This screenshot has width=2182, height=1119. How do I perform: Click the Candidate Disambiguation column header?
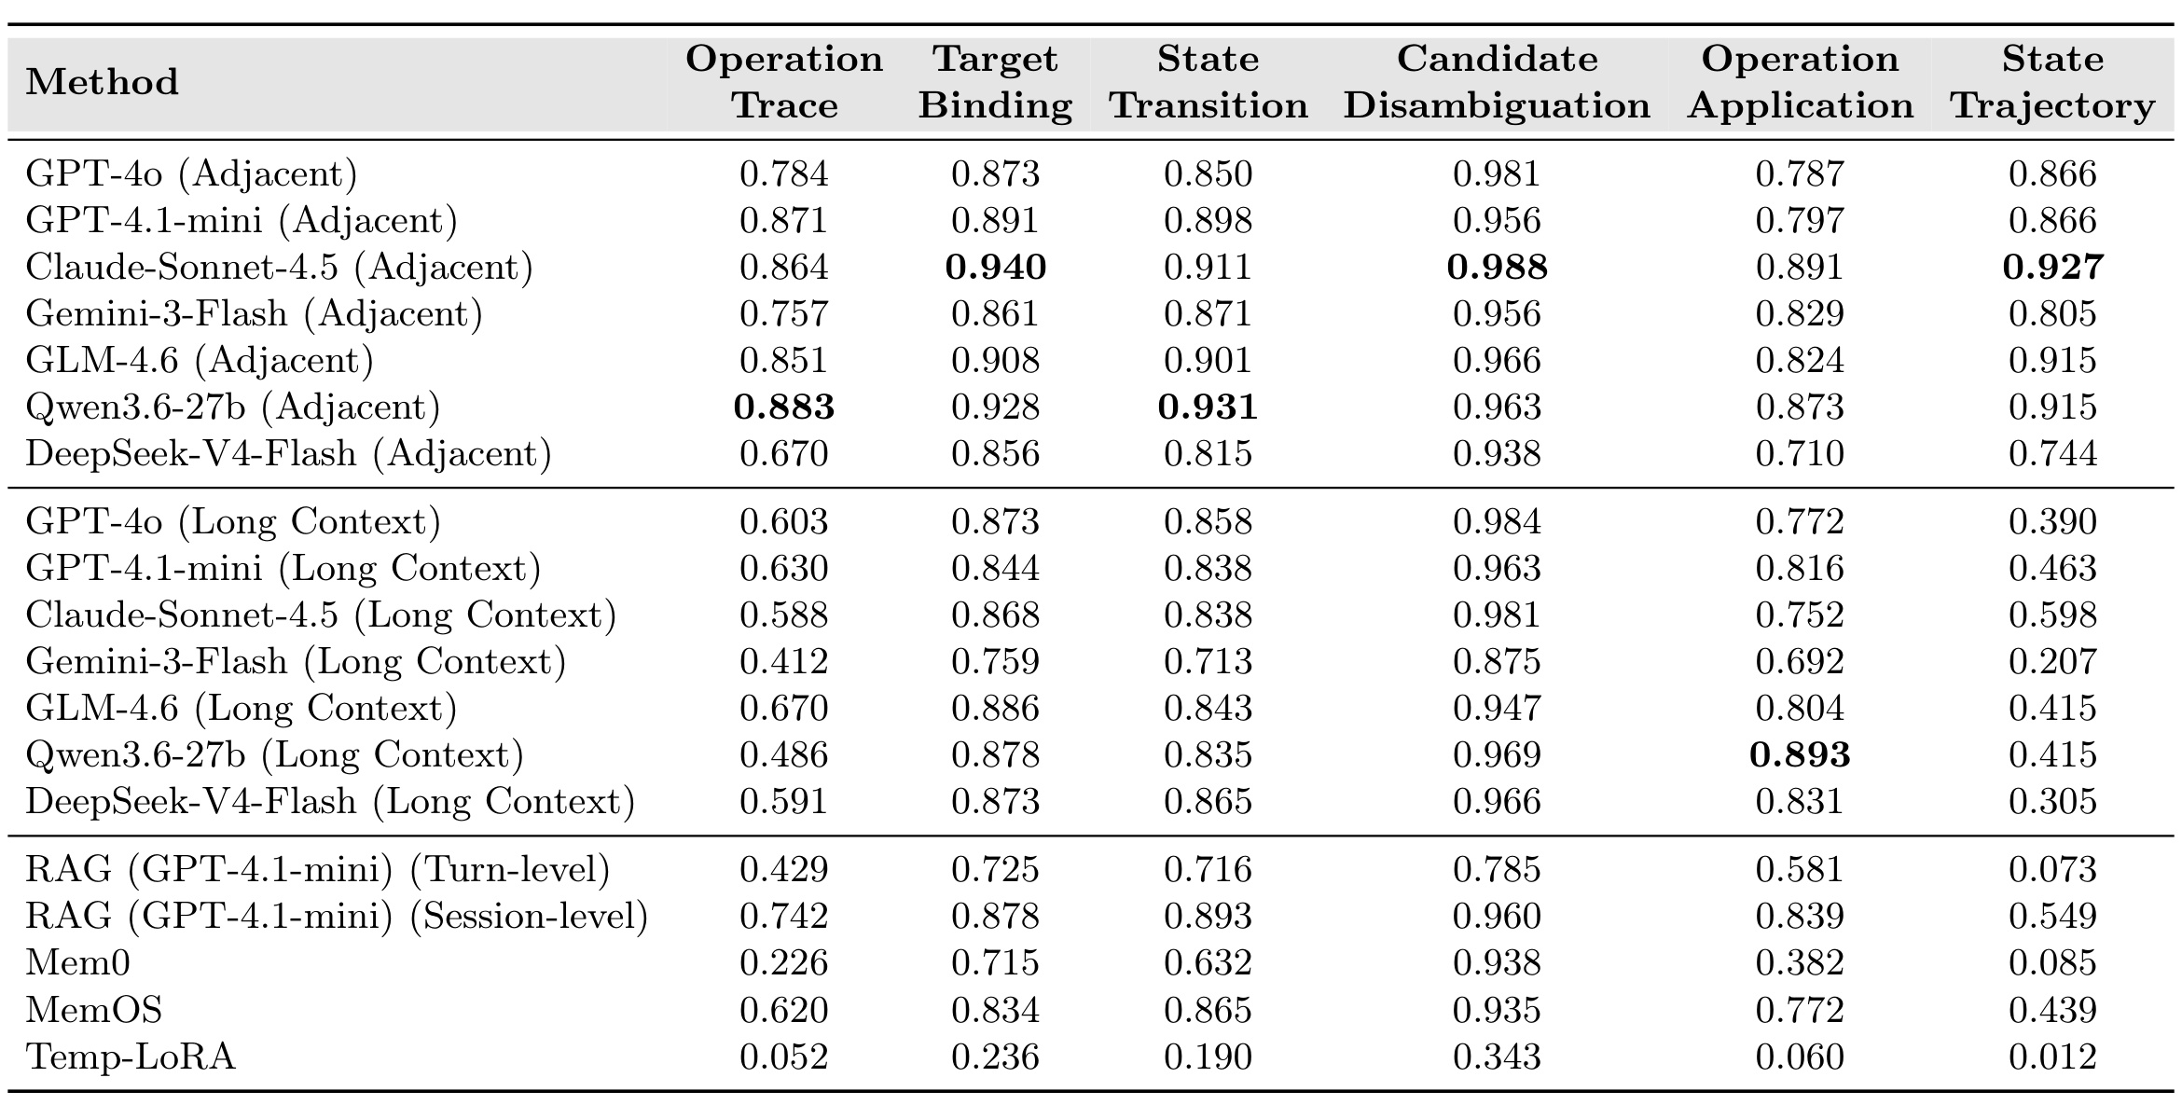pyautogui.click(x=1497, y=82)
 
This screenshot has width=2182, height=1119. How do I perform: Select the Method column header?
pyautogui.click(x=102, y=82)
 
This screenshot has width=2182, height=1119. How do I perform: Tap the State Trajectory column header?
pyautogui.click(x=2052, y=82)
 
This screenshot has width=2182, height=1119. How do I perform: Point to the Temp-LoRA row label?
pyautogui.click(x=131, y=1057)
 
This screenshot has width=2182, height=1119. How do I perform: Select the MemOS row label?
pyautogui.click(x=94, y=1010)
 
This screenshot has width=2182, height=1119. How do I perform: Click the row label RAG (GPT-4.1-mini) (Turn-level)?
pyautogui.click(x=318, y=870)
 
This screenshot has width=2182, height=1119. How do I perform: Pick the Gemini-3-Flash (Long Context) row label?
pyautogui.click(x=296, y=662)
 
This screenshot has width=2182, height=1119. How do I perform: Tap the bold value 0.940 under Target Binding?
pyautogui.click(x=996, y=268)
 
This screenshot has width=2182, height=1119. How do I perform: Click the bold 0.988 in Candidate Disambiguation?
pyautogui.click(x=1497, y=268)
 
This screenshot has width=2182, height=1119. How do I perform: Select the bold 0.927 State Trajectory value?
pyautogui.click(x=2052, y=268)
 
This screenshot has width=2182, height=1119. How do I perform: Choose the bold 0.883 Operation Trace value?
pyautogui.click(x=784, y=408)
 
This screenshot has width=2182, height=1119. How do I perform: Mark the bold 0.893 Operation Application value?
pyautogui.click(x=1800, y=755)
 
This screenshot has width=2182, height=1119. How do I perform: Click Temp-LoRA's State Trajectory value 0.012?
pyautogui.click(x=2052, y=1057)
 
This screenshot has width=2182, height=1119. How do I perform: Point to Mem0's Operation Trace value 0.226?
pyautogui.click(x=784, y=962)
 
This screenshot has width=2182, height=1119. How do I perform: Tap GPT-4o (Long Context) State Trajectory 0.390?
pyautogui.click(x=2052, y=522)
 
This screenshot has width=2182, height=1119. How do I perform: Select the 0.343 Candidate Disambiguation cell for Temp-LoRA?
pyautogui.click(x=1497, y=1057)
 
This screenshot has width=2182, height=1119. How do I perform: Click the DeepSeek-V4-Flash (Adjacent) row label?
pyautogui.click(x=289, y=454)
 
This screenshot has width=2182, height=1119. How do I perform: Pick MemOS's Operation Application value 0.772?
pyautogui.click(x=1800, y=1010)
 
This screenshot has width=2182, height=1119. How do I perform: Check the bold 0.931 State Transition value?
pyautogui.click(x=1208, y=408)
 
